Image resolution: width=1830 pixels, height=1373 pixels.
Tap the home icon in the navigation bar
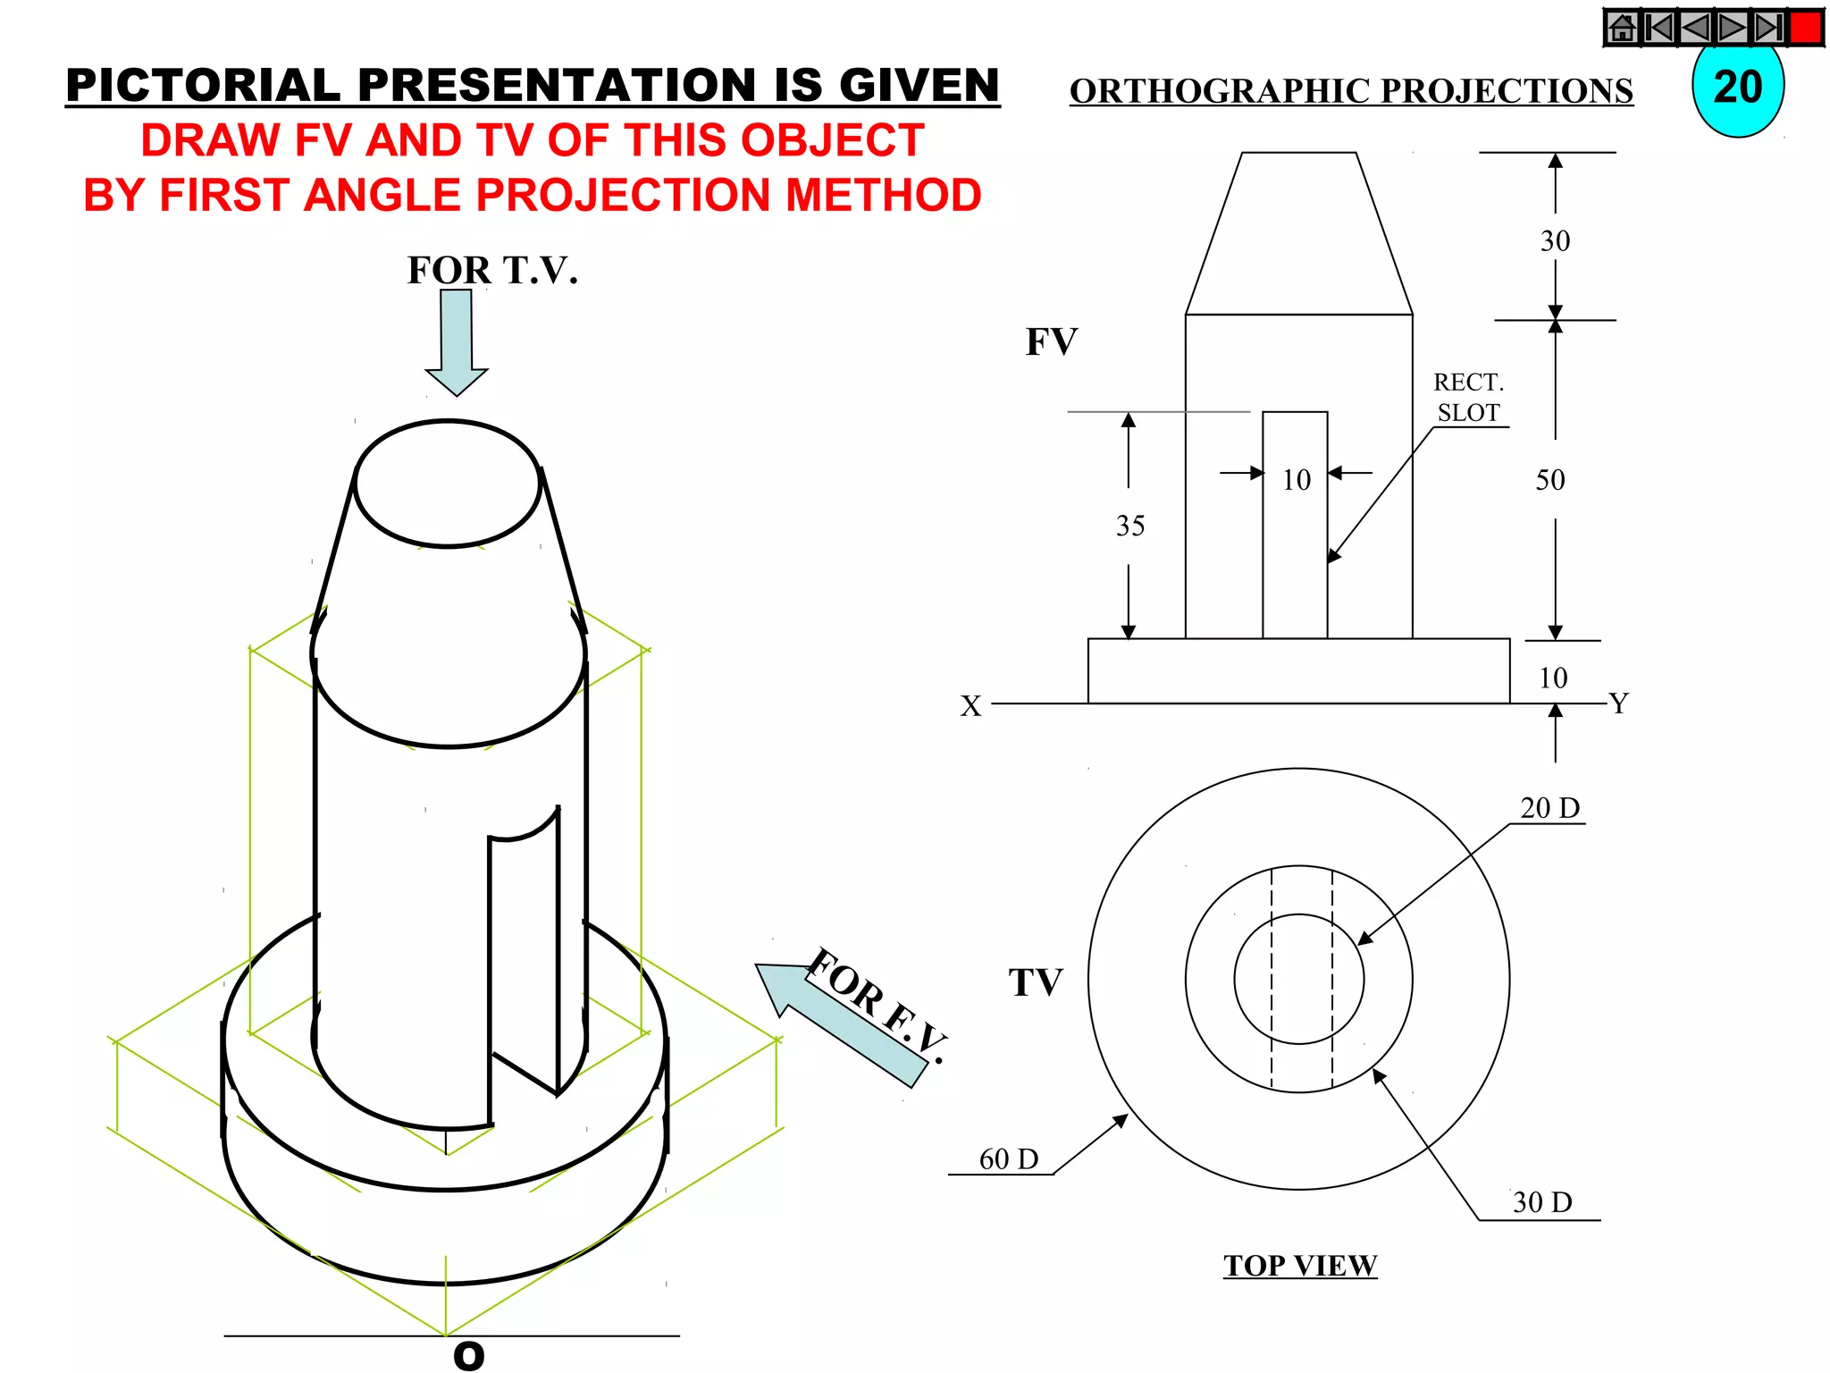[1622, 28]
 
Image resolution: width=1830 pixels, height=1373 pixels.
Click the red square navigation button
[1806, 27]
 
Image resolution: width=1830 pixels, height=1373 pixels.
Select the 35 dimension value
[1129, 526]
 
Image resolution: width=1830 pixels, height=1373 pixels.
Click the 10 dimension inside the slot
[1296, 480]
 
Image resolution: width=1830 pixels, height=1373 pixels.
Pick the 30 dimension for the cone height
[1555, 240]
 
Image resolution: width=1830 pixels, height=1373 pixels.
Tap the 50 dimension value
[1550, 480]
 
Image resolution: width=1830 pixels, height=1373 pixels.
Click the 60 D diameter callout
[1008, 1158]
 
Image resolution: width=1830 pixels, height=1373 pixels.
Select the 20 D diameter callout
[1549, 807]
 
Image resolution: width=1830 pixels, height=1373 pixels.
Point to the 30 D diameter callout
[1542, 1202]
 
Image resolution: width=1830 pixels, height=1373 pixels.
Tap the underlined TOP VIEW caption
[1300, 1265]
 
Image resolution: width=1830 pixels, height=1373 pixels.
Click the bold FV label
[1052, 341]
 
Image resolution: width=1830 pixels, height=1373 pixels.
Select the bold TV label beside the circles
[1036, 982]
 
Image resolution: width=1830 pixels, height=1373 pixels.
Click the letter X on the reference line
[970, 706]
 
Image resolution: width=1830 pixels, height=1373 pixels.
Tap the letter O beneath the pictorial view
[468, 1356]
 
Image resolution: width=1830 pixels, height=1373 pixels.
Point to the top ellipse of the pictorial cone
[448, 484]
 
